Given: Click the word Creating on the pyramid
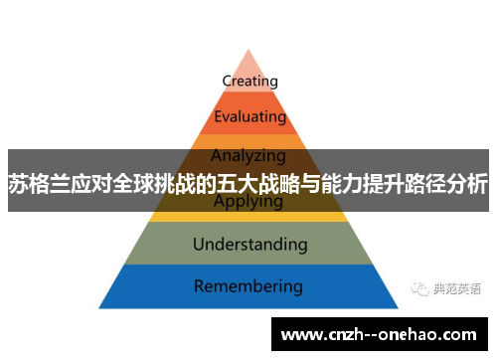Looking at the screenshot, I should [x=249, y=81].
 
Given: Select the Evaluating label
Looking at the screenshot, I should [x=248, y=117].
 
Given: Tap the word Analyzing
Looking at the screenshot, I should [x=248, y=154].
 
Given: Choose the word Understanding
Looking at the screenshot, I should [x=249, y=244].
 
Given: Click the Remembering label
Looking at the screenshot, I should [x=248, y=286].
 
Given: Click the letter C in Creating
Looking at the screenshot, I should [x=227, y=81].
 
